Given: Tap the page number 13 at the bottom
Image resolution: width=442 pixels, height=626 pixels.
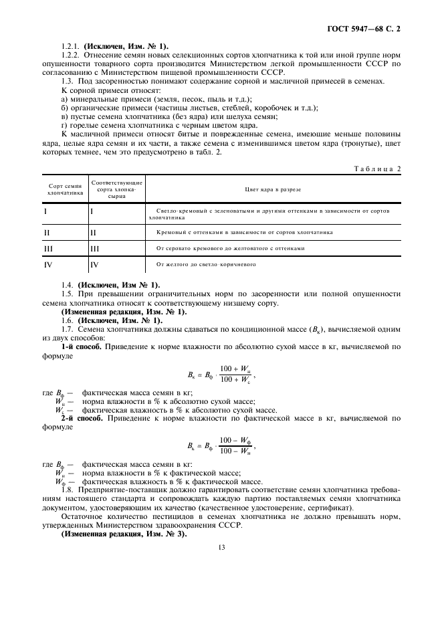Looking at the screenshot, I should point(221,546).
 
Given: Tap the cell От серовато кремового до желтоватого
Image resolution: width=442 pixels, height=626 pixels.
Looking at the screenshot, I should point(230,248).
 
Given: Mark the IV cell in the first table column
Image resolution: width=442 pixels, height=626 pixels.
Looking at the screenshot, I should point(48,264).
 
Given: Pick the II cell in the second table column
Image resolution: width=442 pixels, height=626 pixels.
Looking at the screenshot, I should point(94,232).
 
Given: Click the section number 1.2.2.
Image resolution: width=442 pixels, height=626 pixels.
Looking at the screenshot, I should point(71,56).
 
